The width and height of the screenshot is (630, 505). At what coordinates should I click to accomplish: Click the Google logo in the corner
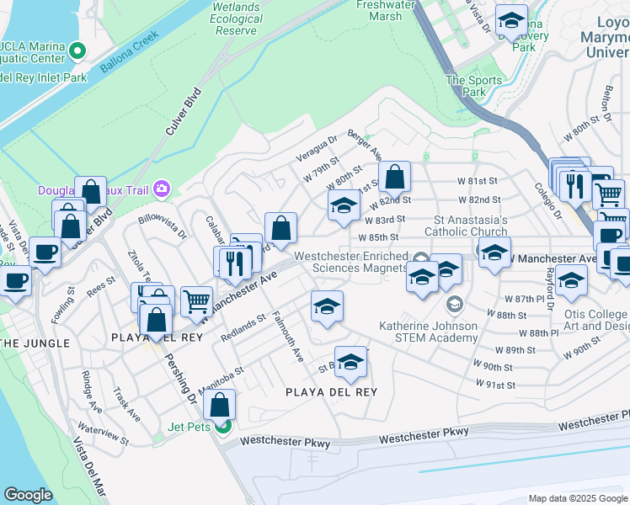tap(28, 495)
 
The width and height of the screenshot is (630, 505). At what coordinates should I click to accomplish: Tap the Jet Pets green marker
tap(222, 426)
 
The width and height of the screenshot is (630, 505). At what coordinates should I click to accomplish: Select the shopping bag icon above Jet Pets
tap(219, 404)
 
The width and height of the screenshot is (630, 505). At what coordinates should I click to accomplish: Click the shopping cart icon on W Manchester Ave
tap(196, 300)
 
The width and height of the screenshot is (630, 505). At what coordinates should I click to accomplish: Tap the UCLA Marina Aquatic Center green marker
tap(77, 51)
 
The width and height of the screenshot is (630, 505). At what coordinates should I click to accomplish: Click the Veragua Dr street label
tap(317, 149)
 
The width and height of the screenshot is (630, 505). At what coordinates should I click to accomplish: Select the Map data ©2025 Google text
tap(577, 498)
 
